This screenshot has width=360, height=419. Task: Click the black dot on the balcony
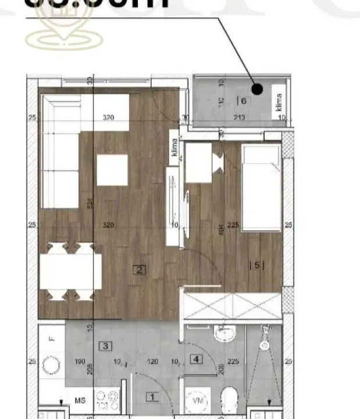click(258, 89)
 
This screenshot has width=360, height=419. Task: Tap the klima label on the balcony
click(279, 102)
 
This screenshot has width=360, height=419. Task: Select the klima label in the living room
click(174, 146)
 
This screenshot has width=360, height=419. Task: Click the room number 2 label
click(139, 269)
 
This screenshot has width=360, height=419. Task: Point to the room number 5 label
click(257, 265)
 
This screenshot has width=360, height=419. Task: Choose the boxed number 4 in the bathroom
click(197, 359)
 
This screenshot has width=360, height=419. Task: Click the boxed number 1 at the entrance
click(152, 398)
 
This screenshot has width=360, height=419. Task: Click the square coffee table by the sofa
click(112, 170)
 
